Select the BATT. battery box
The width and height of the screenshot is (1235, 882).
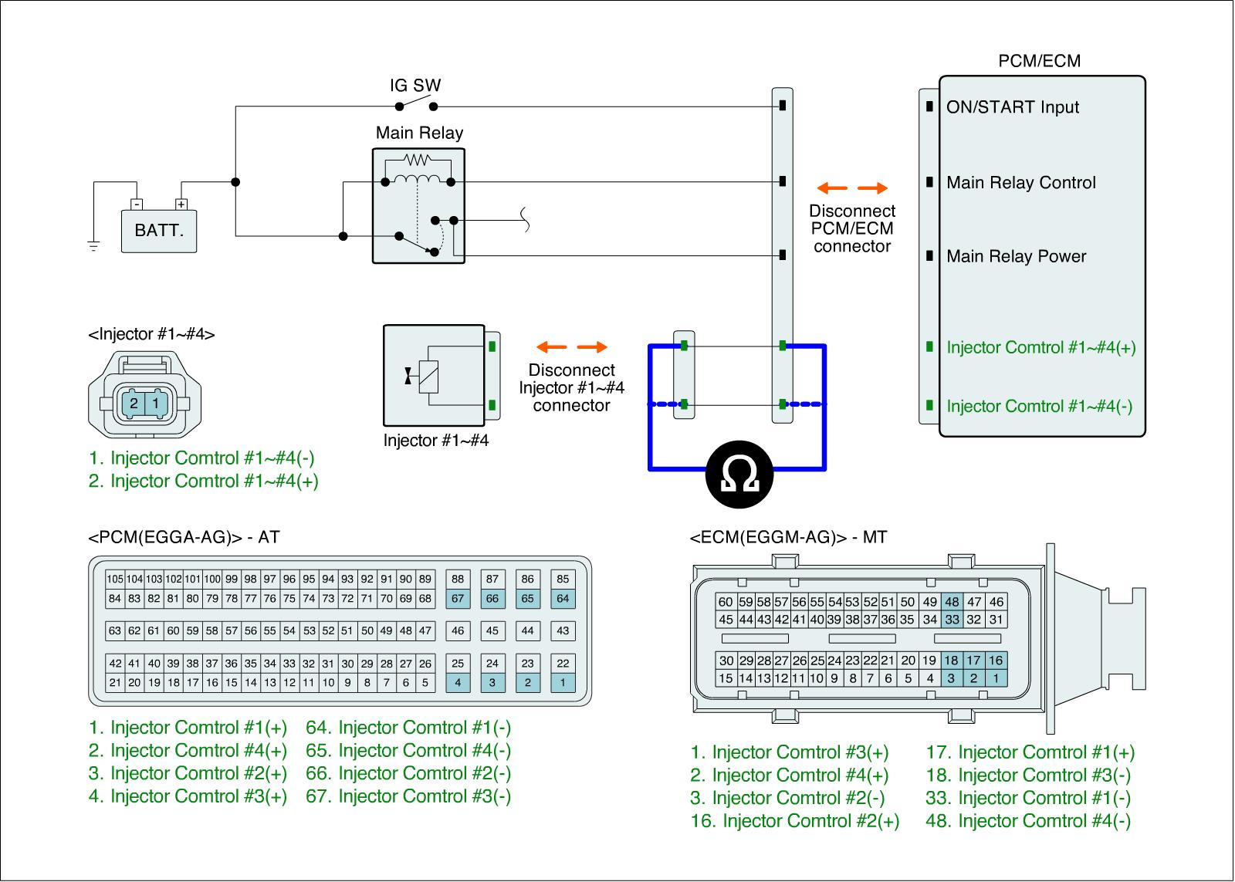pos(159,231)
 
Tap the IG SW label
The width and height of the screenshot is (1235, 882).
pos(415,86)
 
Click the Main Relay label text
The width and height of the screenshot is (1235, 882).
pos(419,133)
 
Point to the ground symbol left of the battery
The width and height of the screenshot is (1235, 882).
pos(93,246)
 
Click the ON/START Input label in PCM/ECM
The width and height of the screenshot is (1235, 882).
pos(1013,107)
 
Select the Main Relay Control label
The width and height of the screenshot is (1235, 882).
pos(1020,183)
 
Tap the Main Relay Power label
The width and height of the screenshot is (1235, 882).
pos(1016,257)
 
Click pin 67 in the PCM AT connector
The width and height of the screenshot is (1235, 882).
pos(458,598)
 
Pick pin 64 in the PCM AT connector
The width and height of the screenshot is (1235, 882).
pos(563,598)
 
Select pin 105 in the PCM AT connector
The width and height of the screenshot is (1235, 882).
pos(115,579)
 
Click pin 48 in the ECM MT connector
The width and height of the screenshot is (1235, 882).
pos(952,602)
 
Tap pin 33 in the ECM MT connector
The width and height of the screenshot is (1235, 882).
pos(952,619)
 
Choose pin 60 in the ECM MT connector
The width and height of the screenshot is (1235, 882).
pos(726,602)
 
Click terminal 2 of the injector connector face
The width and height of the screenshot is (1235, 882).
pos(134,403)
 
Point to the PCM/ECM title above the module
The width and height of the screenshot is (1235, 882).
pos(1039,61)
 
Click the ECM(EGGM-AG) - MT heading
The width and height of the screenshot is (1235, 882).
pos(787,537)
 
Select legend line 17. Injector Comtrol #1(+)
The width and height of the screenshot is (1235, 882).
pos(1030,752)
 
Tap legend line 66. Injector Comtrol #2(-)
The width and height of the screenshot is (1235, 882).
pos(408,773)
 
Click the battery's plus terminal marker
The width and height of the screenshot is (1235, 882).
pos(181,204)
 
